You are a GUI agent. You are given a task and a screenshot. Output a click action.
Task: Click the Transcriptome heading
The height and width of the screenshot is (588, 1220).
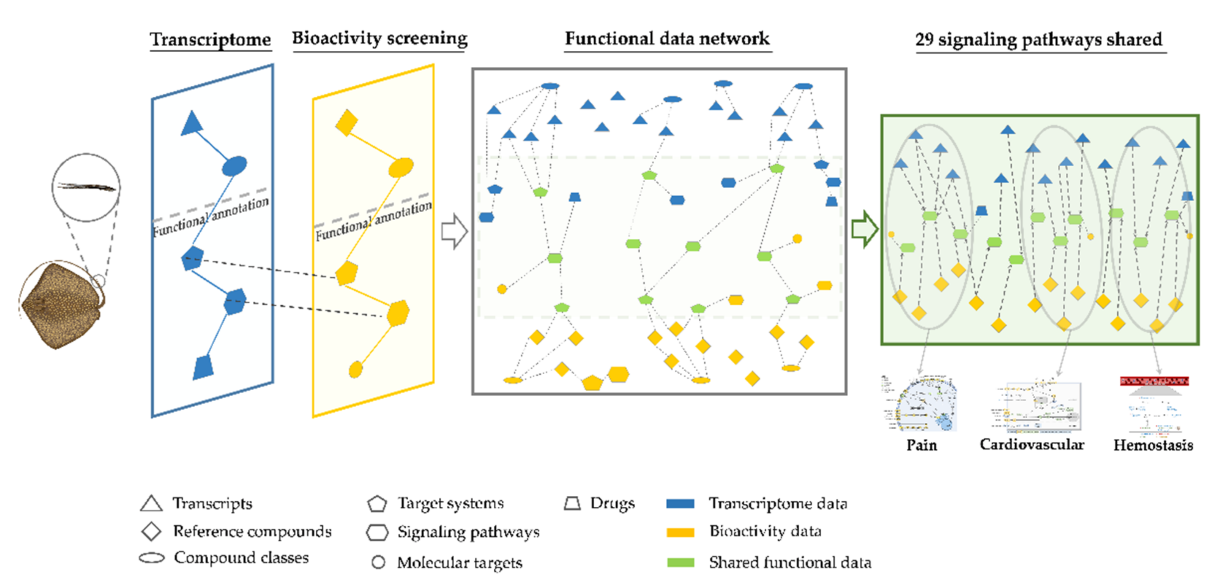point(210,39)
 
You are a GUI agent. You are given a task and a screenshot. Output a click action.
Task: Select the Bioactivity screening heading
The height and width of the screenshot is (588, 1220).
point(379,38)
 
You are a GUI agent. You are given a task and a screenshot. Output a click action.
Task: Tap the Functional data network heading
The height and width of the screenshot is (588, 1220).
point(667,38)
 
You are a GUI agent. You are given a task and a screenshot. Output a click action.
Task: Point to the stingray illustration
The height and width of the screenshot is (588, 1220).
point(62,305)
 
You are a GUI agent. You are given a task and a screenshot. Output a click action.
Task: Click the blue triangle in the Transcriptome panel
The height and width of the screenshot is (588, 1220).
point(192,124)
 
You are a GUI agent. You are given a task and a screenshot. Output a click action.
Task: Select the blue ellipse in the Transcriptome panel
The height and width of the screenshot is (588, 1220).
point(235,166)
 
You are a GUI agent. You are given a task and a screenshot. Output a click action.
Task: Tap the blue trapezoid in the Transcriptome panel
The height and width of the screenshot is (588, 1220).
point(204,367)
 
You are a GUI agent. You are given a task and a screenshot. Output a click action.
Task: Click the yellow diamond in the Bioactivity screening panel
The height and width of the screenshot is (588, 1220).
point(347,123)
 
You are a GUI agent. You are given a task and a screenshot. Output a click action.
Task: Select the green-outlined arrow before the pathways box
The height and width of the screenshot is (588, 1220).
point(864,229)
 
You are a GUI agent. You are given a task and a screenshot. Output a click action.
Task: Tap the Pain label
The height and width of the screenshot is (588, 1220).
point(921,445)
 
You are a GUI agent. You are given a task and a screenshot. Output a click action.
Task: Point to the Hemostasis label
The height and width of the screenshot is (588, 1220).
point(1153,445)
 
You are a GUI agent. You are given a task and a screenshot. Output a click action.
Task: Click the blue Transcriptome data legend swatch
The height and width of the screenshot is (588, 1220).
point(680,504)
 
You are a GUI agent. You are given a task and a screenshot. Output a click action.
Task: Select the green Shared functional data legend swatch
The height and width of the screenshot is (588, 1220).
point(680,562)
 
